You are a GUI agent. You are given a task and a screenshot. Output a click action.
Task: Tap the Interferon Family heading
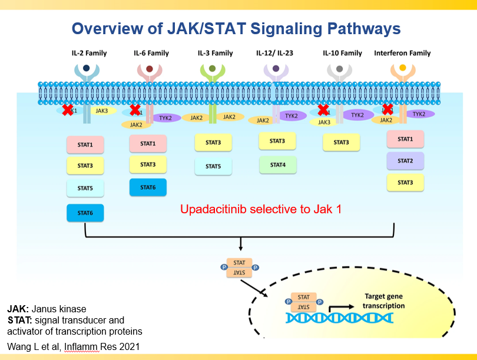click(x=402, y=53)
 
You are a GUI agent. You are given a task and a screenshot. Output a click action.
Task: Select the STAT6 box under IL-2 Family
click(x=85, y=213)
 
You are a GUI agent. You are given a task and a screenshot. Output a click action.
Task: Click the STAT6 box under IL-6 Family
click(x=148, y=187)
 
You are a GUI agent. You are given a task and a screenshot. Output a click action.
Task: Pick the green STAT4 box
click(x=277, y=164)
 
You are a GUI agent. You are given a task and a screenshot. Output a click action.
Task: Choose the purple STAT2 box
click(x=405, y=161)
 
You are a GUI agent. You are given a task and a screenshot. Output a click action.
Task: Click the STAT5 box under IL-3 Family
click(x=213, y=166)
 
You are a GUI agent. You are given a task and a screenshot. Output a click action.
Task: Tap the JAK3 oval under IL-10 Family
click(x=324, y=123)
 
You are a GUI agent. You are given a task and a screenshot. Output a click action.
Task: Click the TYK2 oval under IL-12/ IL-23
click(x=291, y=116)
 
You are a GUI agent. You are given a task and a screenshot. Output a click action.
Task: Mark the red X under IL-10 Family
click(x=323, y=110)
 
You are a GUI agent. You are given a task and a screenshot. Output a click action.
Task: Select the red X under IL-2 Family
click(x=68, y=110)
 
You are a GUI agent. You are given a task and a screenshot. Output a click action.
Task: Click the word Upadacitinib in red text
click(x=208, y=209)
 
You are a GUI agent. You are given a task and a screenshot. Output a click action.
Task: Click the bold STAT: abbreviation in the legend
click(x=19, y=321)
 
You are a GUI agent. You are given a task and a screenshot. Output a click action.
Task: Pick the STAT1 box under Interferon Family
click(x=405, y=139)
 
